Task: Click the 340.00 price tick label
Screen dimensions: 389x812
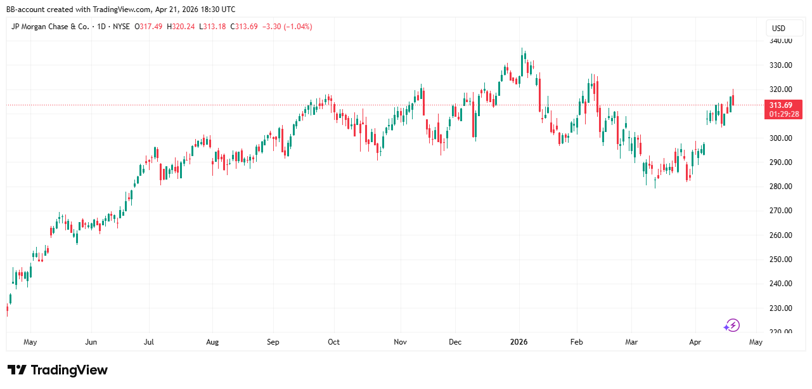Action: click(780, 41)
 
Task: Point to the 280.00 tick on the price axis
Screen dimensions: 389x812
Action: click(780, 187)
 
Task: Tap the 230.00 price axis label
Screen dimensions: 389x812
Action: click(780, 308)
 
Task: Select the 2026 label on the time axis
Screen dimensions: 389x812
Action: click(519, 342)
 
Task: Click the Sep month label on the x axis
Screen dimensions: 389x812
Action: click(273, 342)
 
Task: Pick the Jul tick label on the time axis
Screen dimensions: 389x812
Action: click(148, 342)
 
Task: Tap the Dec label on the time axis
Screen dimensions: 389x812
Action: click(455, 342)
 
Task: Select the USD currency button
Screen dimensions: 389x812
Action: click(778, 29)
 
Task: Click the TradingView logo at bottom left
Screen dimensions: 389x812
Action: click(58, 370)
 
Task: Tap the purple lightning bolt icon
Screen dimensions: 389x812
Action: click(733, 326)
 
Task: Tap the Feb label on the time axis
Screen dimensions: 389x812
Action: click(576, 342)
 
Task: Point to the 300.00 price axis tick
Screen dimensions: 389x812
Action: click(780, 138)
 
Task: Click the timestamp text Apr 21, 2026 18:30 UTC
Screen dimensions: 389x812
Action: click(195, 10)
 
